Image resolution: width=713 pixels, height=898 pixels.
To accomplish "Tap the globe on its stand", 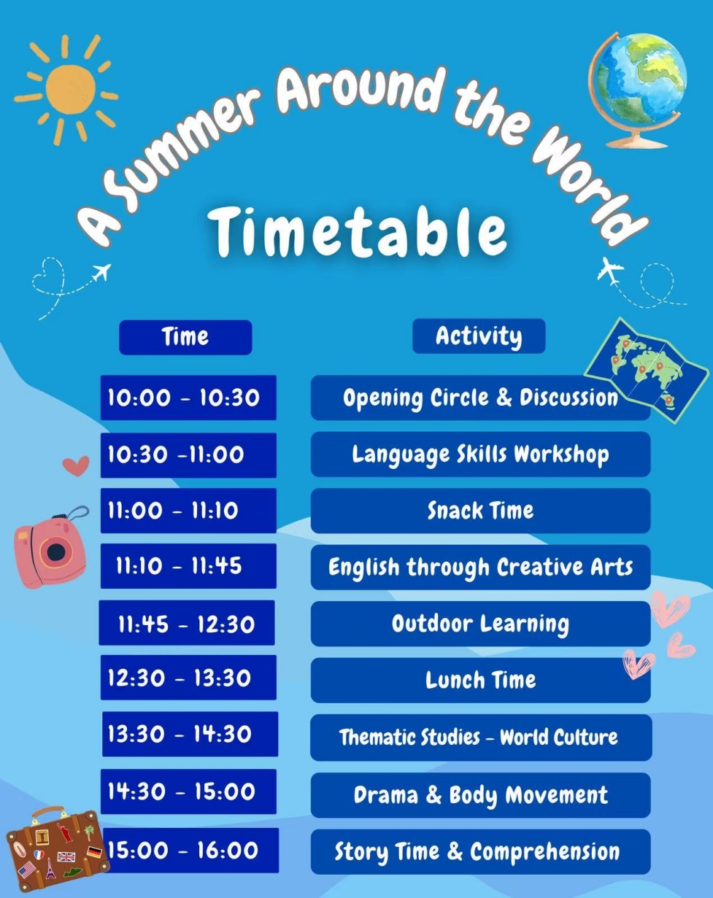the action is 637,88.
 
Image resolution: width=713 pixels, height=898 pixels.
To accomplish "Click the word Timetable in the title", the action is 360,232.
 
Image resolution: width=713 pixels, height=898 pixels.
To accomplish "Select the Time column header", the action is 186,337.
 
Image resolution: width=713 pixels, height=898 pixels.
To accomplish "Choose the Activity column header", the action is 479,336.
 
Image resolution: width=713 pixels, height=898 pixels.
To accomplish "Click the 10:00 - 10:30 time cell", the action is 188,398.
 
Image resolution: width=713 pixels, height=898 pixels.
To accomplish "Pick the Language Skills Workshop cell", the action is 480,454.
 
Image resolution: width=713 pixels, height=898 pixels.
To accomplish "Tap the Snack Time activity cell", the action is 480,511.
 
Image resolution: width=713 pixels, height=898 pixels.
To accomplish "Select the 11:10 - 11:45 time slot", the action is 188,566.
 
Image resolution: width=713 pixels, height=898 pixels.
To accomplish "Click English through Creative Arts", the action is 480,567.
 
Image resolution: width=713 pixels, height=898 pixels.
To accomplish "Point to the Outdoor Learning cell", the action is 480,624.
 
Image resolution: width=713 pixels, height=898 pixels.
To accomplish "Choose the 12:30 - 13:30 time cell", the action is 188,678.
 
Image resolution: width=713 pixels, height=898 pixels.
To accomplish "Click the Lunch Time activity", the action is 480,680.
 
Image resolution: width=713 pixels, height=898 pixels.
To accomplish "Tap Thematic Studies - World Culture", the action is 481,738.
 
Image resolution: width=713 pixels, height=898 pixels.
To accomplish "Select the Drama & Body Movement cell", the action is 480,795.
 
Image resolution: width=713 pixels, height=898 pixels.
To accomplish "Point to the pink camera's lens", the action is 56,552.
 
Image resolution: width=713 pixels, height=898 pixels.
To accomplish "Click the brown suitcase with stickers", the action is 58,849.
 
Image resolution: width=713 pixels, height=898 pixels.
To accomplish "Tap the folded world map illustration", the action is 646,371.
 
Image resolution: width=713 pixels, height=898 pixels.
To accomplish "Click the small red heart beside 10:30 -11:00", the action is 76,465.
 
